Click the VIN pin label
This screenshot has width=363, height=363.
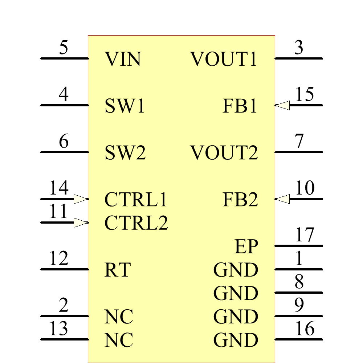click(123, 59)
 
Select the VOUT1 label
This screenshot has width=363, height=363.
click(224, 59)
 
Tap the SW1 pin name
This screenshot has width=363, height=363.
click(125, 106)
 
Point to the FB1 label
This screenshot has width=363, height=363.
click(240, 106)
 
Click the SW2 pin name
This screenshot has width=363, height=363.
click(125, 153)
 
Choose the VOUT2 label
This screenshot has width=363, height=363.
click(224, 153)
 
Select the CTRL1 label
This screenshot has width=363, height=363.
click(136, 200)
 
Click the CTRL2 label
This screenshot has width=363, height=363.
click(136, 223)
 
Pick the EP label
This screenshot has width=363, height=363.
click(246, 247)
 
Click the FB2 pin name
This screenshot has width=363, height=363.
click(240, 200)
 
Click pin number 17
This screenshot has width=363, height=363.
click(305, 235)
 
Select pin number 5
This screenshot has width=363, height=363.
click(64, 48)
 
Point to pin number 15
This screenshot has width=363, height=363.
click(305, 95)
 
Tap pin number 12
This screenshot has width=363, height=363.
click(59, 259)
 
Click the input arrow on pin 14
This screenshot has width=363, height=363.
click(81, 199)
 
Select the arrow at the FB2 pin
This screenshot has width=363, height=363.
click(282, 199)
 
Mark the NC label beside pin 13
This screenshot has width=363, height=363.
click(119, 340)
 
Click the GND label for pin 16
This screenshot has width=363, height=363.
click(236, 340)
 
